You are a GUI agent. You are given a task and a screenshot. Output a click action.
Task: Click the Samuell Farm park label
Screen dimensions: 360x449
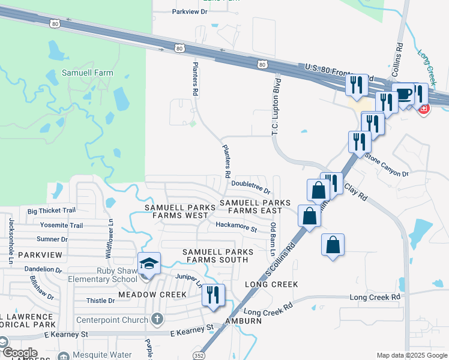pos(87,73)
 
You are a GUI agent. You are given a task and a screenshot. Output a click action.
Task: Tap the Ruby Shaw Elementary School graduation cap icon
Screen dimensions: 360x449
pos(149,263)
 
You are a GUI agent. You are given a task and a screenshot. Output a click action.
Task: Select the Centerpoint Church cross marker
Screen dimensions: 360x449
pos(157,319)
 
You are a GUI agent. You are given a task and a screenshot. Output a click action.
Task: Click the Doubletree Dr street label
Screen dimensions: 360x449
pos(251,187)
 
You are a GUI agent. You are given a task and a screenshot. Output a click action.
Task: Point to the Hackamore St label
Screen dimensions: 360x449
pos(237,229)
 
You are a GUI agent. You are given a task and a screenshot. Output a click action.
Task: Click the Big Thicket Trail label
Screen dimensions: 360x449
pos(52,211)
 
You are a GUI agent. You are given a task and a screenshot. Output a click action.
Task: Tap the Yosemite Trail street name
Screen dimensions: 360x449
pos(61,225)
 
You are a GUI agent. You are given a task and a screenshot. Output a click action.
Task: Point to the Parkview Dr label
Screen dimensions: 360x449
pos(189,11)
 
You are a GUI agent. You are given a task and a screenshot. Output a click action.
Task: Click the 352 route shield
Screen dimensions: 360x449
pos(199,355)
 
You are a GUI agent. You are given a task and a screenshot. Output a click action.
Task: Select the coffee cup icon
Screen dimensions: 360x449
pos(404,94)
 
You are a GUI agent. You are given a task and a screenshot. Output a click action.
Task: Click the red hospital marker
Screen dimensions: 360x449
pos(424,109)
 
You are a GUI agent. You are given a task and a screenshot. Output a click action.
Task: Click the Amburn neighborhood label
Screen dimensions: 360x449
pos(244,321)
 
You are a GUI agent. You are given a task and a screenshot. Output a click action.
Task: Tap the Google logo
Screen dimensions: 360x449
pos(20,353)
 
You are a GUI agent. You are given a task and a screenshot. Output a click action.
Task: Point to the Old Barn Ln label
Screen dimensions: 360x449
pos(274,236)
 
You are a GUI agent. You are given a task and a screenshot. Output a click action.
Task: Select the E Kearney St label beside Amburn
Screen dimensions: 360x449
pos(192,329)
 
